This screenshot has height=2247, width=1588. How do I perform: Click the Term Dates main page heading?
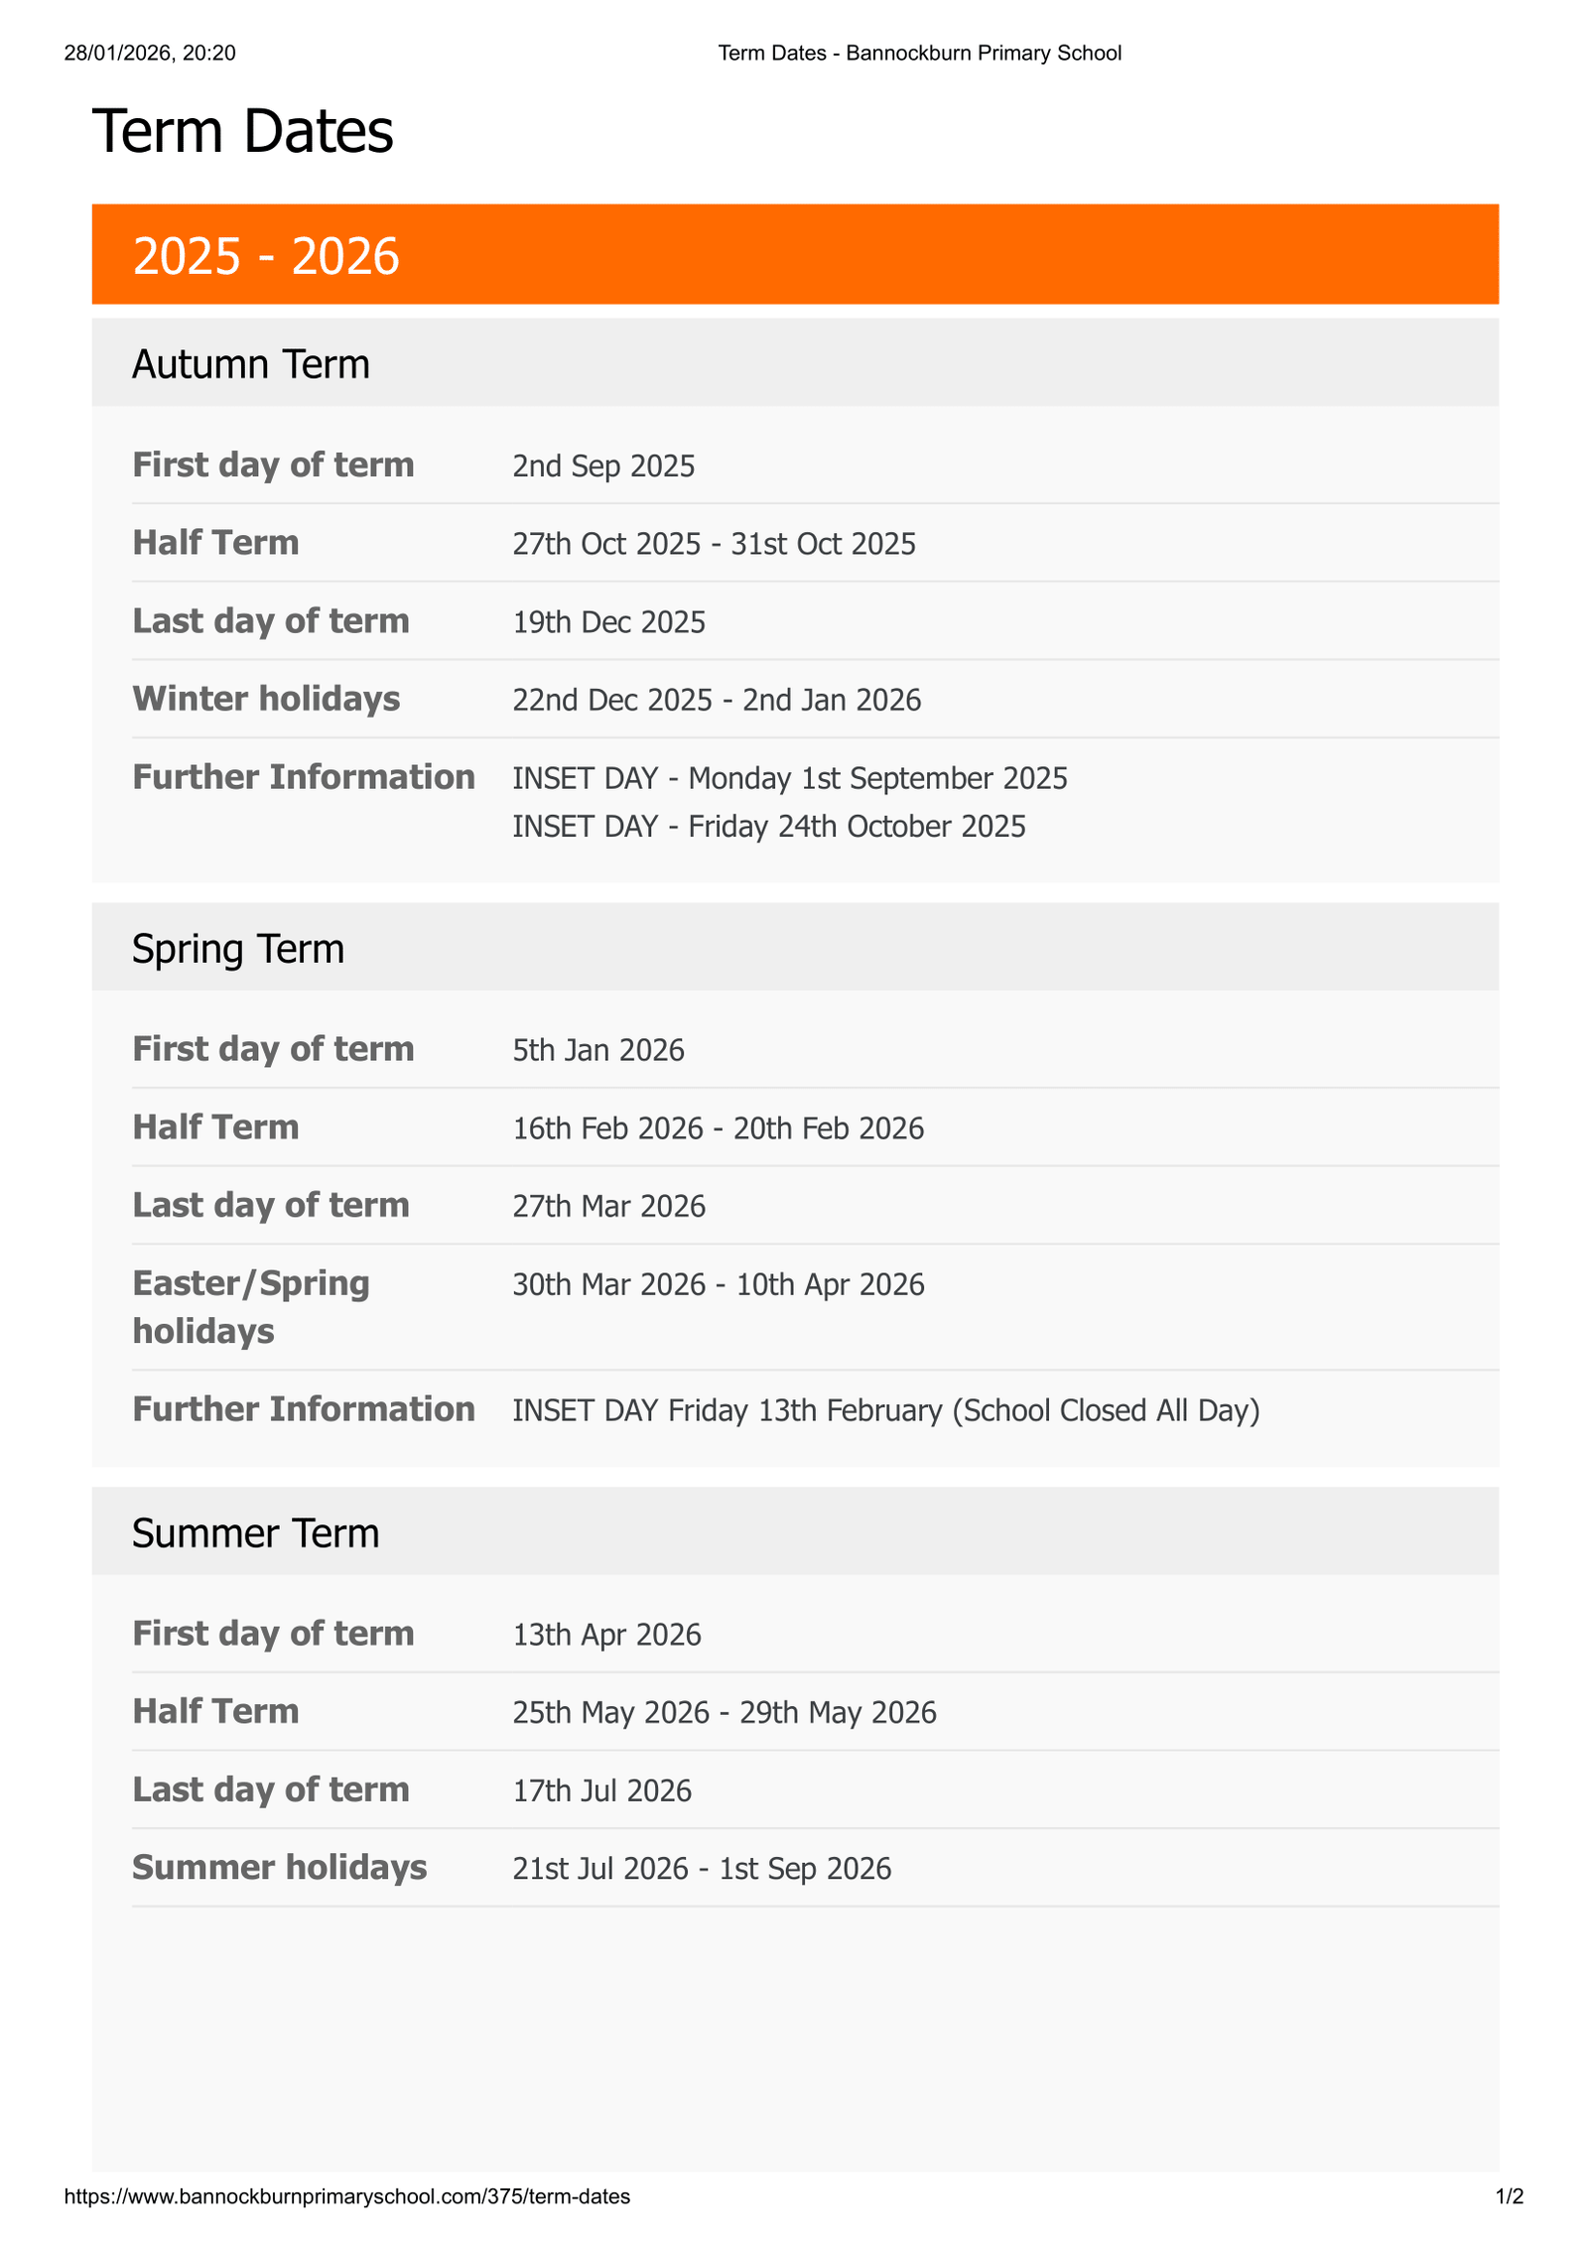[x=242, y=131]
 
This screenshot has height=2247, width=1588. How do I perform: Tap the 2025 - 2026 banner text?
[x=265, y=256]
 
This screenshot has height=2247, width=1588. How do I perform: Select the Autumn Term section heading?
[x=250, y=364]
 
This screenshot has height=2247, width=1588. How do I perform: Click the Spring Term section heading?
[x=238, y=949]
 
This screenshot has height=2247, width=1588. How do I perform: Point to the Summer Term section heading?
[x=255, y=1533]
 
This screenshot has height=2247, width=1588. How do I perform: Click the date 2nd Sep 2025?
[x=603, y=465]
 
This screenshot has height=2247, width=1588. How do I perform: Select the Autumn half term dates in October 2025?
[x=714, y=544]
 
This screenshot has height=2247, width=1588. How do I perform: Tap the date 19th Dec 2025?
[x=608, y=622]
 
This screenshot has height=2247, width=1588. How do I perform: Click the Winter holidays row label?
[x=266, y=699]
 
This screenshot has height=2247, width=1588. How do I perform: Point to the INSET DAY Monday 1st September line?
[x=789, y=778]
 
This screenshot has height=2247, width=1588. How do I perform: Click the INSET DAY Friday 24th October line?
[x=768, y=827]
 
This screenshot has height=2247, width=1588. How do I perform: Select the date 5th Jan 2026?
[x=597, y=1050]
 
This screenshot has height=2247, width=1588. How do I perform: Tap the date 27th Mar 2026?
[x=608, y=1206]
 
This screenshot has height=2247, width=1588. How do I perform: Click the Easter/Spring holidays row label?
[x=250, y=1306]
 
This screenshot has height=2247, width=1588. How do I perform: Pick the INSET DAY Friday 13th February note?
[x=885, y=1410]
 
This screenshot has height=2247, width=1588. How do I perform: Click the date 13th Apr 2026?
[x=606, y=1635]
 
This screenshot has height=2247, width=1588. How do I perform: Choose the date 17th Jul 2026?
[x=601, y=1790]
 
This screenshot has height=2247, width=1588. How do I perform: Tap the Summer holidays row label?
[x=279, y=1868]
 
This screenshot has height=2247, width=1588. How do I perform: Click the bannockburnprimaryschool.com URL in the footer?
[x=346, y=2196]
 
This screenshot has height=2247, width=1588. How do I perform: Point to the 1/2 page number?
[x=1509, y=2196]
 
